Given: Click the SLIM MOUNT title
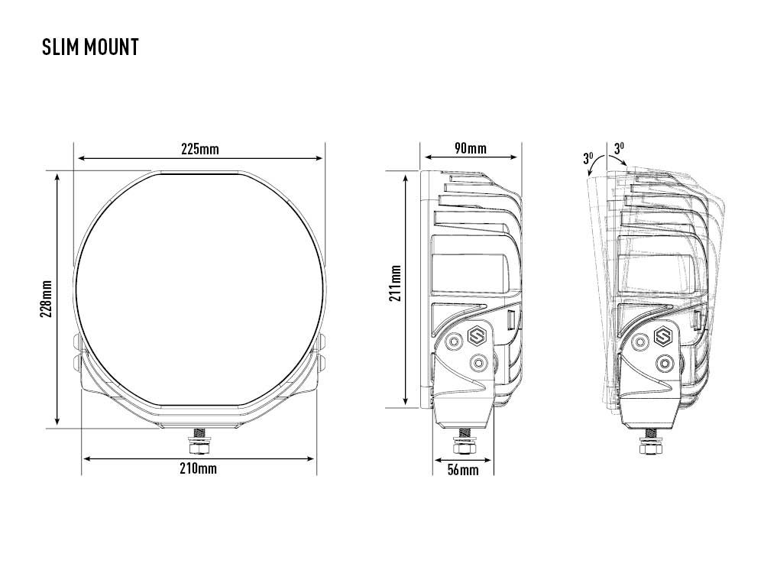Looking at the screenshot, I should [x=90, y=47].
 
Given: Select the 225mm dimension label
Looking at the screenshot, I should [x=199, y=148].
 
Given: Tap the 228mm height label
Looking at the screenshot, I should [x=47, y=298].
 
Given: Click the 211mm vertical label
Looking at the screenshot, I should [x=395, y=283].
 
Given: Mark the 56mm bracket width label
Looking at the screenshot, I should [x=463, y=470].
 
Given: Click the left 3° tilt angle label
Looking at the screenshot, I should [x=588, y=159].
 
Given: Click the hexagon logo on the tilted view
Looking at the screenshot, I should [x=663, y=334].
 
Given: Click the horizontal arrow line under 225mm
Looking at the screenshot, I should [x=199, y=158].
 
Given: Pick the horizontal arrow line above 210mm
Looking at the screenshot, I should [x=199, y=458].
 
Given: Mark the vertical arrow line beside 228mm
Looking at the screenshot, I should [x=58, y=298].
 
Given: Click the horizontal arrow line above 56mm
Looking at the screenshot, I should [x=463, y=460].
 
